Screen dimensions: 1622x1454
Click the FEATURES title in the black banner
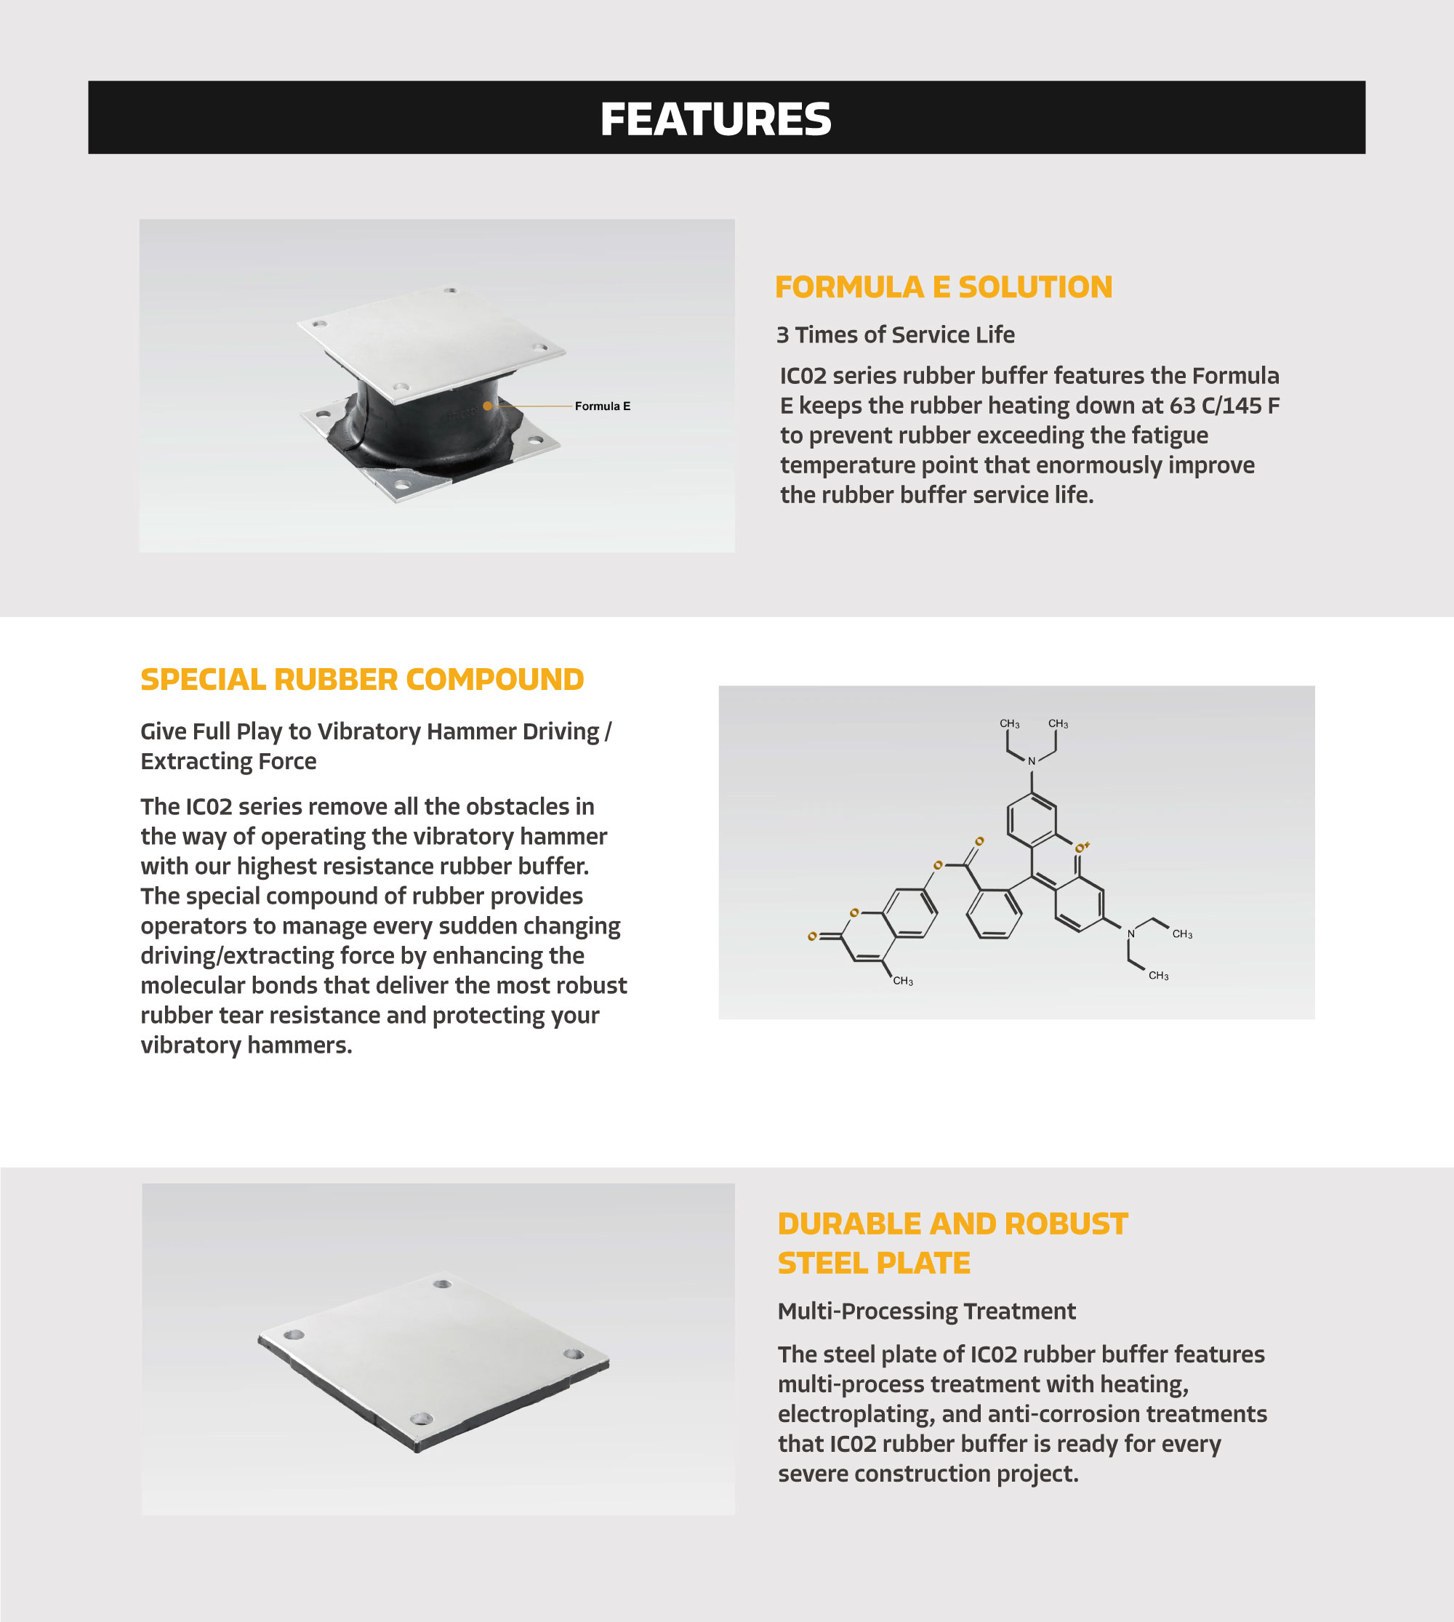pos(715,119)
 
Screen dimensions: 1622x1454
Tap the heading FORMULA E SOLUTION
pos(944,287)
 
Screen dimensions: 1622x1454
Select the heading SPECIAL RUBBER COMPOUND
pos(362,679)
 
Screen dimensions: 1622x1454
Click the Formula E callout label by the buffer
pos(603,406)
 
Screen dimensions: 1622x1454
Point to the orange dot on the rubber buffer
pos(487,406)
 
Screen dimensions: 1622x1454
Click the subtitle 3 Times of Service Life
pos(896,334)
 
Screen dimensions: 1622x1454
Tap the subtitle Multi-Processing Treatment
pos(927,1311)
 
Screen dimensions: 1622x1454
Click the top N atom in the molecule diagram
pos(1032,761)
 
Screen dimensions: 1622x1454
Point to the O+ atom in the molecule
pos(1081,848)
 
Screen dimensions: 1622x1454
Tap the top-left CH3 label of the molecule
pos(1009,724)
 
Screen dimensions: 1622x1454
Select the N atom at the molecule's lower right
pos(1130,934)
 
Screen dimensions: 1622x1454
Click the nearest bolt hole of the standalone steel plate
pos(420,1419)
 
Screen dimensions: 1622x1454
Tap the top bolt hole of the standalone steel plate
pos(442,1284)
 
